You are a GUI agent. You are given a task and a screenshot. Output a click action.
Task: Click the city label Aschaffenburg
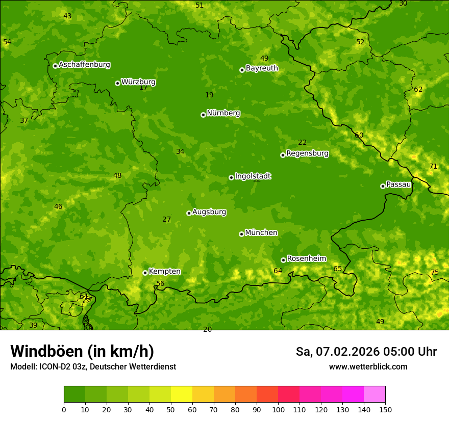(x=84, y=65)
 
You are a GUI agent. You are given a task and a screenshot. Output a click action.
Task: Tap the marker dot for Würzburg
(x=117, y=83)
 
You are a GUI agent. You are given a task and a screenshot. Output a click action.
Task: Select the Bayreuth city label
(x=262, y=68)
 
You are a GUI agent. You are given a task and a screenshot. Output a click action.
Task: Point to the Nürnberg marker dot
(x=203, y=115)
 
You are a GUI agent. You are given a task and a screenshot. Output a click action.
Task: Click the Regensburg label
(x=307, y=153)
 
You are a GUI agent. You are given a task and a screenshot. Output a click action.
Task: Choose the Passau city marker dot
(x=383, y=186)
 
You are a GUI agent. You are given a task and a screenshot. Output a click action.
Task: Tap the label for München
(x=261, y=233)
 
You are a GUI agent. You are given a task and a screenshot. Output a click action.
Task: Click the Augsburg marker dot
(x=189, y=213)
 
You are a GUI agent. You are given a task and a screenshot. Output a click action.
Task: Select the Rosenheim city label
(x=306, y=259)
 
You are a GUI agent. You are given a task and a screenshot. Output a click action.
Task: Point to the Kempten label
(x=164, y=272)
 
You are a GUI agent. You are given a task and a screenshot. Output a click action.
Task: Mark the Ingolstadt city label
(x=253, y=176)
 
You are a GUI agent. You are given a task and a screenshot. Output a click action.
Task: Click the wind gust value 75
(x=435, y=273)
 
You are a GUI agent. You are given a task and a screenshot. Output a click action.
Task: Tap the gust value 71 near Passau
(x=433, y=167)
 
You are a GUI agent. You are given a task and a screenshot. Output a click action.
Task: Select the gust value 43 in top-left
(x=67, y=16)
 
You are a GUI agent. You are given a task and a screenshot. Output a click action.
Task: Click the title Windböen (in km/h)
(x=82, y=351)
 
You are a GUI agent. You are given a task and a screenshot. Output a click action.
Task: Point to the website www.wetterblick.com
(x=368, y=367)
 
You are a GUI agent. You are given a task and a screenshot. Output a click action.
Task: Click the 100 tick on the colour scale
(x=278, y=409)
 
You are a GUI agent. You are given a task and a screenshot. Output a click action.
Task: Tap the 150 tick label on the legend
(x=385, y=409)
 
